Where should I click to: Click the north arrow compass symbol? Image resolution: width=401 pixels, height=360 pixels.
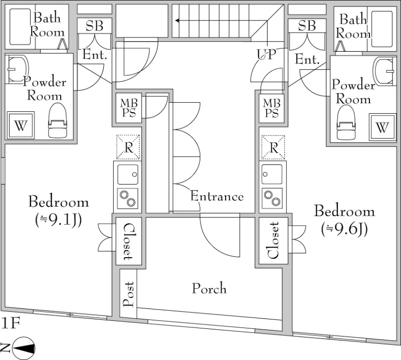coord(23,348)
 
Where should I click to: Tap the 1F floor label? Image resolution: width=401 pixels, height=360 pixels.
coord(11,323)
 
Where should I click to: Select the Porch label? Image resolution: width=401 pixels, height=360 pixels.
coord(209,289)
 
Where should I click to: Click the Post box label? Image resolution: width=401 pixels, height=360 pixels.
coord(128,295)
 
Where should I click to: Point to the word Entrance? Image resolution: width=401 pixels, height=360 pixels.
coord(217,197)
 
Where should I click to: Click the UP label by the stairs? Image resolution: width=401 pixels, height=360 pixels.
coord(266,54)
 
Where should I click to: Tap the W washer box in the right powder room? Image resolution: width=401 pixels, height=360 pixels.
coord(382,127)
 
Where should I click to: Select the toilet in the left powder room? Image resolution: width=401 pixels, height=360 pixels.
coord(57,121)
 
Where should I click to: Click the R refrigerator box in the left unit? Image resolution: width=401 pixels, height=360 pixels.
coord(128,147)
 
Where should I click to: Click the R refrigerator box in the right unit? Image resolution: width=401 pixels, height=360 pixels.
coord(273,147)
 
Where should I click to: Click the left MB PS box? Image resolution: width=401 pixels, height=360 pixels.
coord(126,108)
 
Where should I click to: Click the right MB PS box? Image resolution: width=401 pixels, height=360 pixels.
coord(271,108)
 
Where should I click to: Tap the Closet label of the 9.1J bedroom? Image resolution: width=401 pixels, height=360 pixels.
coord(128,241)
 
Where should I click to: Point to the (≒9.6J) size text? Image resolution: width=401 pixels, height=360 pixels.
coord(344,229)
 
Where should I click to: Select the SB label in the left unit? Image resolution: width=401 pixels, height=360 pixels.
coord(94,27)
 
